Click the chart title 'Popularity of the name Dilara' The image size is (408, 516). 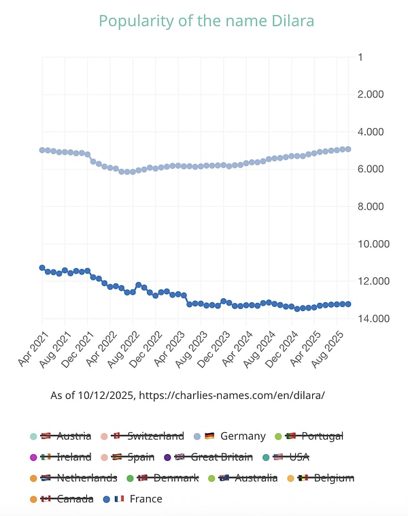[x=207, y=21]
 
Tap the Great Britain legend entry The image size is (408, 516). [x=214, y=457]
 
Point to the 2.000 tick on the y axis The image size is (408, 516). [x=371, y=94]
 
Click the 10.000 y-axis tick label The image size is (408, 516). [x=373, y=244]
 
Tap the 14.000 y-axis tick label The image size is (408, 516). [x=373, y=318]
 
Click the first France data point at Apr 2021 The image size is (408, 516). [x=42, y=268]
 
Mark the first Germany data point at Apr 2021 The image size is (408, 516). [x=42, y=150]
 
